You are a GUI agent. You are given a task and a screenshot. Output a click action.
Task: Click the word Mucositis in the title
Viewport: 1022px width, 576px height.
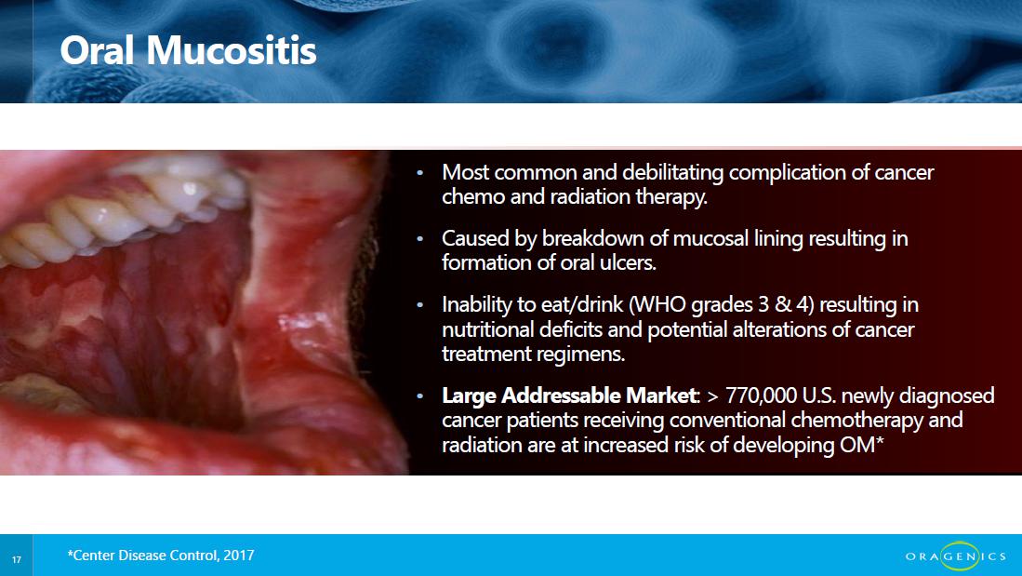click(x=232, y=50)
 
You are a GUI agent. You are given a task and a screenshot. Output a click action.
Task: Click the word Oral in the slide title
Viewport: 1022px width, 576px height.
click(x=97, y=50)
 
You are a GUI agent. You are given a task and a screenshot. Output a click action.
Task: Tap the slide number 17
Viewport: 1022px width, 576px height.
click(x=17, y=559)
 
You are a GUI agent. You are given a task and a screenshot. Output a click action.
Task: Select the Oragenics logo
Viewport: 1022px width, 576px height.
click(x=955, y=556)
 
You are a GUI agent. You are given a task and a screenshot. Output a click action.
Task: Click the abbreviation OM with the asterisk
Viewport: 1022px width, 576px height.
click(x=862, y=445)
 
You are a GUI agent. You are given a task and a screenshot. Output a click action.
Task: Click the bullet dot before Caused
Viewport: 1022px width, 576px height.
click(x=420, y=239)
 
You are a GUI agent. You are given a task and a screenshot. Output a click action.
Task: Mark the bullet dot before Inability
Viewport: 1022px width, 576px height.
click(x=420, y=305)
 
